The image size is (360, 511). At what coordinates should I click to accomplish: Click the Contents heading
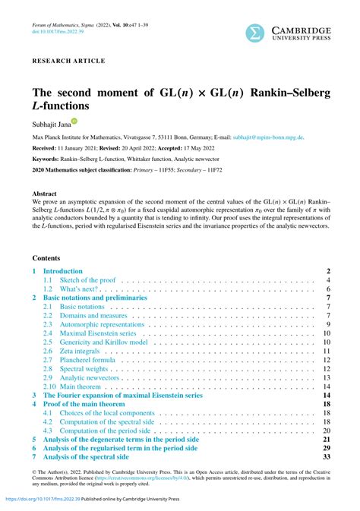[x=46, y=258]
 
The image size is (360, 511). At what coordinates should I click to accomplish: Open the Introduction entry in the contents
[x=62, y=271]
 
